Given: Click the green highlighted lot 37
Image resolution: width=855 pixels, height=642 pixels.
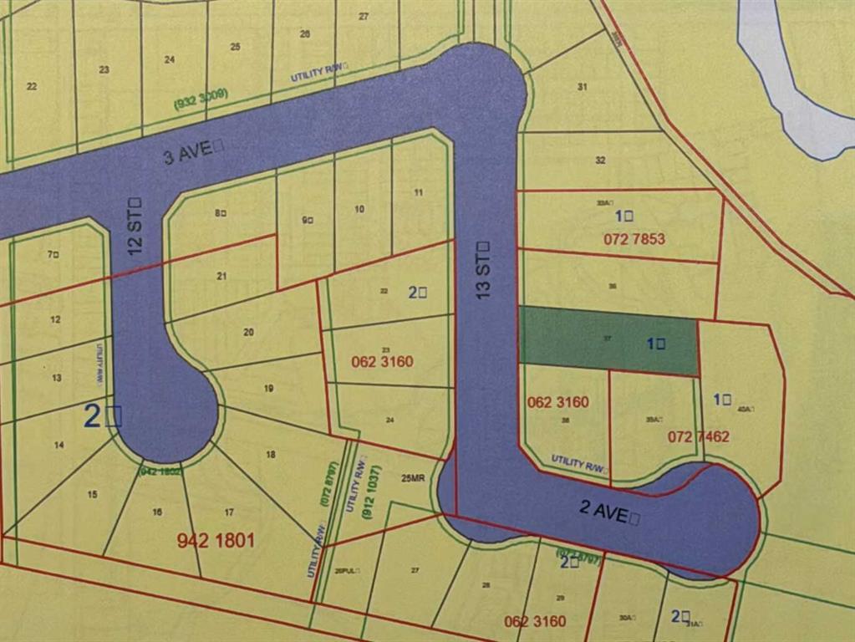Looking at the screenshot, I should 608,339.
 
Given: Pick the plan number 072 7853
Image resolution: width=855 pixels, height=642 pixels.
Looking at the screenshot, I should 634,239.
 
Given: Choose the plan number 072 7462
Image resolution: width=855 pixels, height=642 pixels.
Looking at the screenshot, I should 699,436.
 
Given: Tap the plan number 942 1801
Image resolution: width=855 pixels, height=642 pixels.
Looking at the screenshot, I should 216,540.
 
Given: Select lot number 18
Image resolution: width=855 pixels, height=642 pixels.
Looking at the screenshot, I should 271,455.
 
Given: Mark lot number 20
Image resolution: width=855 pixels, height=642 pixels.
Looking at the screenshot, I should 248,332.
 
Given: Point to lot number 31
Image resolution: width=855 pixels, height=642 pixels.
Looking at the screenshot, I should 583,86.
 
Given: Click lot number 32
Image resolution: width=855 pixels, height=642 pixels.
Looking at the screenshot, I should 600,160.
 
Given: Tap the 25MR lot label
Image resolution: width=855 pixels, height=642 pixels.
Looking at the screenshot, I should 412,479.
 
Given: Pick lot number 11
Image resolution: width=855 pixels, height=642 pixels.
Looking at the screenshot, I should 418,192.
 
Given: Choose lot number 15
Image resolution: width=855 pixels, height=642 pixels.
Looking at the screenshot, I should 92,494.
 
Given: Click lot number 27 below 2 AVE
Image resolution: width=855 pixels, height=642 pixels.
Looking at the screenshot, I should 415,570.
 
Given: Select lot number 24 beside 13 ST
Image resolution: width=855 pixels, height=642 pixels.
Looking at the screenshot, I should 389,420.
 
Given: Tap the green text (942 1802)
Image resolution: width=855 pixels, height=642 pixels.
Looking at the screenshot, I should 160,471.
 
